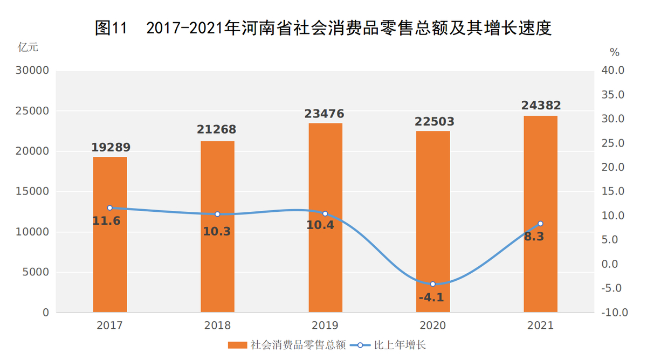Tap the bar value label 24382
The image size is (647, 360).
tap(541, 106)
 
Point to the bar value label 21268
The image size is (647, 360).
tap(218, 130)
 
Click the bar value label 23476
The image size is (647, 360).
tap(325, 114)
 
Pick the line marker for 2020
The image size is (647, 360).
tap(432, 284)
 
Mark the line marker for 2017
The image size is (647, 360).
tap(110, 207)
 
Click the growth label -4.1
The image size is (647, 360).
tap(431, 297)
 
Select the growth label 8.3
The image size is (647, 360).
tap(533, 236)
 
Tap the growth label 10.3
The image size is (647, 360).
tap(217, 231)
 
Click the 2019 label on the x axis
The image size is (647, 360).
tap(325, 326)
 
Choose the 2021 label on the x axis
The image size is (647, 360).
tap(540, 326)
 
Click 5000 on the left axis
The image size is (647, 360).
tap(38, 272)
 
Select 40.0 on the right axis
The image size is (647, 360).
tap(612, 71)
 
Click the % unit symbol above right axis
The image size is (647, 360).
tap(615, 52)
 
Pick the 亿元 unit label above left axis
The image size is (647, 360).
tap(28, 47)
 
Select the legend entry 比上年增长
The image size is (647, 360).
tap(400, 345)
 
